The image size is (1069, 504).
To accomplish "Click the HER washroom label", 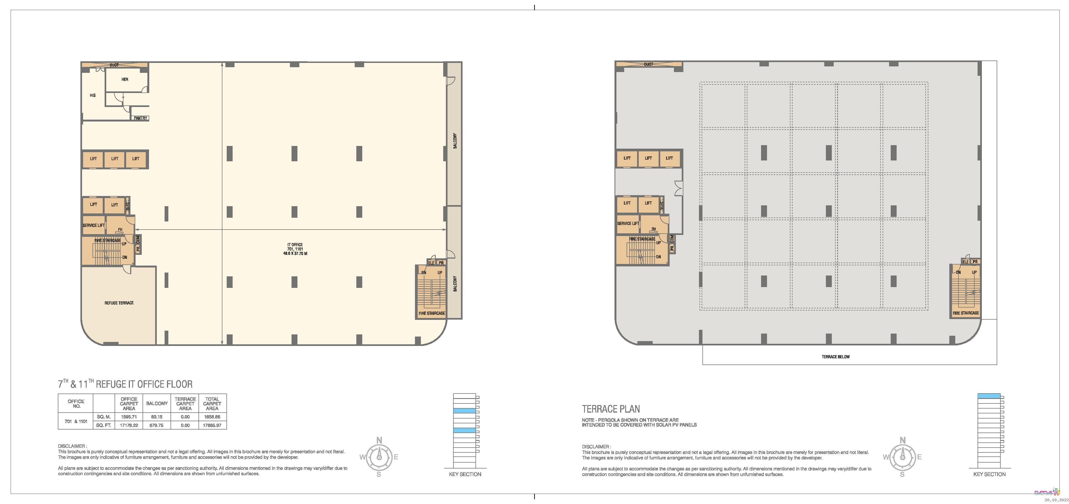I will pyautogui.click(x=125, y=79).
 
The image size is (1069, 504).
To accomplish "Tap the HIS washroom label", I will pyautogui.click(x=93, y=95).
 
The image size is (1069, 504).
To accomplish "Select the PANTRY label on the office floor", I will pyautogui.click(x=140, y=118).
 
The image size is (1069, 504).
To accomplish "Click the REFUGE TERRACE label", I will pyautogui.click(x=119, y=303).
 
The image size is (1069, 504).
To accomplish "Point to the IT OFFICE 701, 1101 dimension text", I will pyautogui.click(x=295, y=249).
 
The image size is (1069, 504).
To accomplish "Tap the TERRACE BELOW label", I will pyautogui.click(x=835, y=357).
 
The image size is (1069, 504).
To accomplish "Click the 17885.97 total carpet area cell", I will pyautogui.click(x=212, y=425).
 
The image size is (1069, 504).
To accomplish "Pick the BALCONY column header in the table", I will pyautogui.click(x=157, y=403).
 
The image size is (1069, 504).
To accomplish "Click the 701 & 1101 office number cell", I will pyautogui.click(x=76, y=421).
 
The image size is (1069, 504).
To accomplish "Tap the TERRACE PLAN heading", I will pyautogui.click(x=611, y=409).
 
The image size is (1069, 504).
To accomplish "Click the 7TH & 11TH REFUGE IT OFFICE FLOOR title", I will pyautogui.click(x=125, y=384).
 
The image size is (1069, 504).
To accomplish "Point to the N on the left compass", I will pyautogui.click(x=379, y=440).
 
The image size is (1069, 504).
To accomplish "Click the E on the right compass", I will pyautogui.click(x=919, y=457).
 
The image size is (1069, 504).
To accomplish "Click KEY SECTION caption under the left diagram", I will pyautogui.click(x=465, y=474).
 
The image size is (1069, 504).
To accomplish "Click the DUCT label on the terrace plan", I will pyautogui.click(x=649, y=64).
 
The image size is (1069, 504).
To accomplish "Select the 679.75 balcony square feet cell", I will pyautogui.click(x=157, y=425).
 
